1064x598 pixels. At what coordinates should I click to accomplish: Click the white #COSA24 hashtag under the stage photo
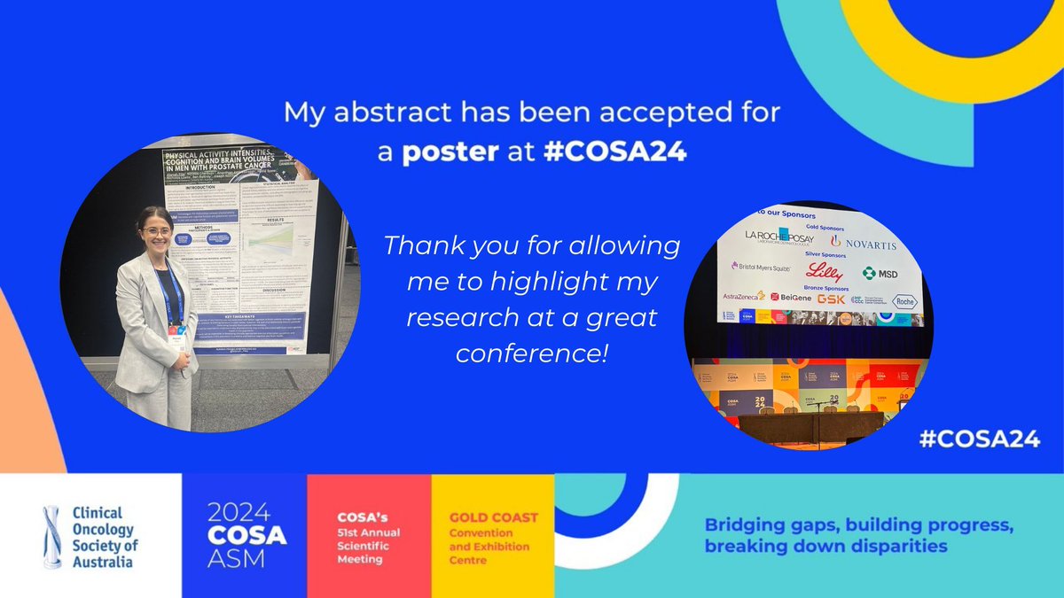[979, 440]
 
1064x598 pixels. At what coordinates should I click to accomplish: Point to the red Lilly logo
[824, 272]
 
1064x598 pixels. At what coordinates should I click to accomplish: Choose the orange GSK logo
[831, 299]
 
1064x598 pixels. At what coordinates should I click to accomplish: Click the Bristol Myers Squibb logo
[761, 266]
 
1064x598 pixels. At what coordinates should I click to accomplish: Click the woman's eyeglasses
[155, 232]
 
